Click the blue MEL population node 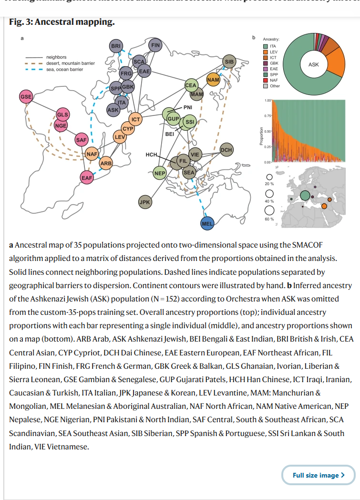[207, 223]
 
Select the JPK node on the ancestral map [144, 202]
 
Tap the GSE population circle [26, 96]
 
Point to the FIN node [155, 45]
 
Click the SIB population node [229, 62]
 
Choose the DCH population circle [226, 150]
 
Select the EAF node [86, 177]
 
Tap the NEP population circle [160, 173]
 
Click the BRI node [116, 46]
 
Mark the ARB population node [105, 164]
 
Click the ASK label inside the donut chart [314, 64]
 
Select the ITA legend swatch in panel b [266, 46]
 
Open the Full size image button [318, 475]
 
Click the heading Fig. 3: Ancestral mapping [62, 22]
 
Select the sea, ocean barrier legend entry [64, 70]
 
